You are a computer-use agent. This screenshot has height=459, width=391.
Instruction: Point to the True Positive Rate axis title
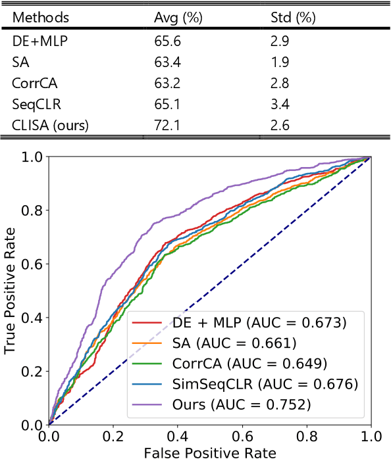(x=11, y=291)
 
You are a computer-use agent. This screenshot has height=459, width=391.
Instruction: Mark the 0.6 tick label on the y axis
(x=33, y=264)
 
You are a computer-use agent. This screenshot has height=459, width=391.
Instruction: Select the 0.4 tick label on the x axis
(x=178, y=436)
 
